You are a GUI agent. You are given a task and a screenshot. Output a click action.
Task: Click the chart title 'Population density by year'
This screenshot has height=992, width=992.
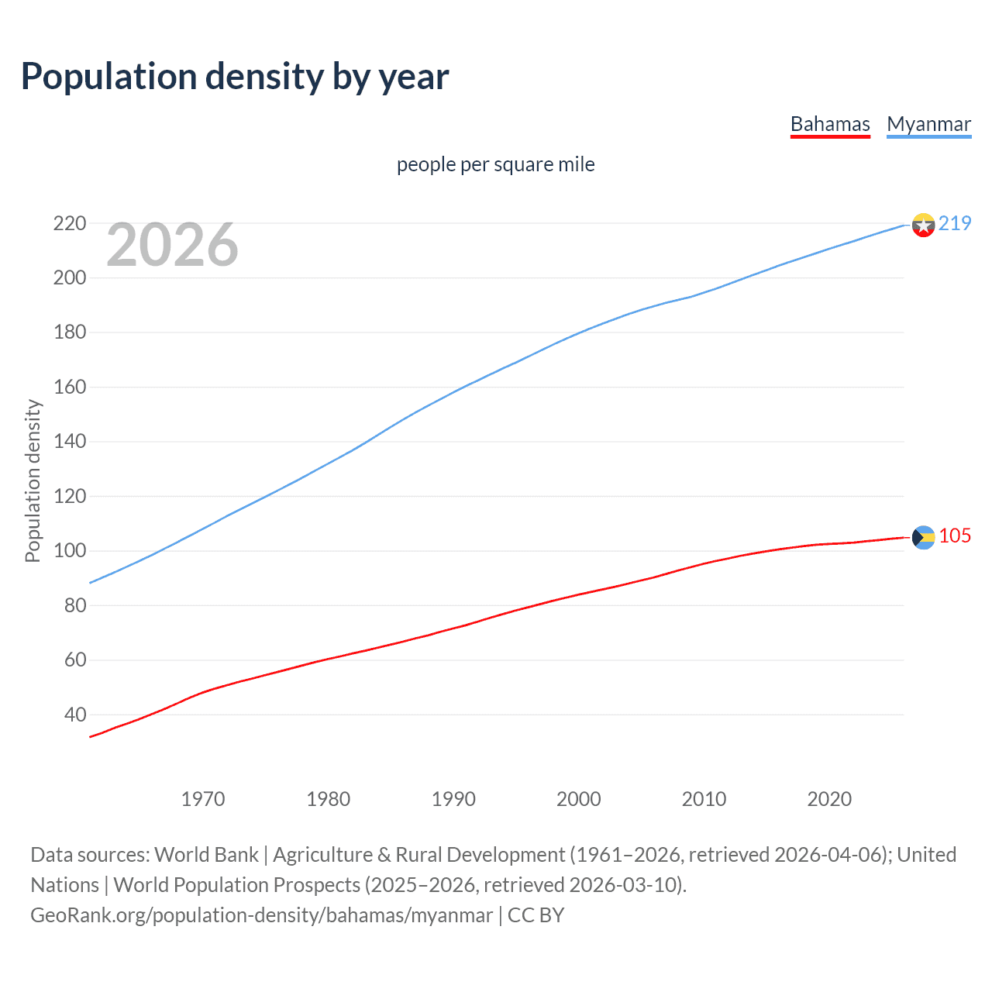tap(235, 77)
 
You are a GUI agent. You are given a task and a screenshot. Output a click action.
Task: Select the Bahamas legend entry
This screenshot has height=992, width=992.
tap(830, 124)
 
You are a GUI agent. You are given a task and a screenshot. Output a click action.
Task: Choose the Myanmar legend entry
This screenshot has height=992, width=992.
tap(928, 124)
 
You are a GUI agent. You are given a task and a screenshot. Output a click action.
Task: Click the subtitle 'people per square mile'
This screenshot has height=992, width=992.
tap(496, 164)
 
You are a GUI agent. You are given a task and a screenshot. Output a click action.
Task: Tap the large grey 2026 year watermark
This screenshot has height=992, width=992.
tap(172, 245)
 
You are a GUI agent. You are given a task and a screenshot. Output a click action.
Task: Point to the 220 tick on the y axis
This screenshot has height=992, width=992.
tap(69, 223)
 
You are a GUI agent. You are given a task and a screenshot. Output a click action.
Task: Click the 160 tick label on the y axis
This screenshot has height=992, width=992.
tap(69, 387)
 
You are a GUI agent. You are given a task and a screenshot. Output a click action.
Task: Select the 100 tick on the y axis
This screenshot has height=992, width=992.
tap(69, 551)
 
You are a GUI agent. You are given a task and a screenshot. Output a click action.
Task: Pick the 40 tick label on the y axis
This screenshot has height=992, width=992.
tap(74, 715)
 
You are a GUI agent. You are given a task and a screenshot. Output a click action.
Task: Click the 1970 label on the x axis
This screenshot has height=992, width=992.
tap(203, 799)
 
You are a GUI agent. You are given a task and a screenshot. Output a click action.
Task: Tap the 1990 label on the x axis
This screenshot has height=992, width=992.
tap(453, 799)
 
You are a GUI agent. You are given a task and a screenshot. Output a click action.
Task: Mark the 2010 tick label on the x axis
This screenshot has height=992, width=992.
tap(704, 799)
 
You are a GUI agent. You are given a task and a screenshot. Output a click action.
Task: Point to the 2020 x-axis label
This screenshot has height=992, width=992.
tap(829, 799)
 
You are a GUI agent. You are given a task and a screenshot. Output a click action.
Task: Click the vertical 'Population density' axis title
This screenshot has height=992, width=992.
tap(33, 480)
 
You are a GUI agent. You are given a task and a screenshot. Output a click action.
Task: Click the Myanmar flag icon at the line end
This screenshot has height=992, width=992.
tap(923, 225)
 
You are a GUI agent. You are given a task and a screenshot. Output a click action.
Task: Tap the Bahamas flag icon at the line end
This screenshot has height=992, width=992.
tap(923, 537)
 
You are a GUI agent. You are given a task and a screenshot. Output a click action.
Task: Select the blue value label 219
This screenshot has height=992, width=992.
tap(955, 223)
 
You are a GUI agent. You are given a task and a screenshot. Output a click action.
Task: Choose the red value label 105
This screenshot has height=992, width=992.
tap(955, 536)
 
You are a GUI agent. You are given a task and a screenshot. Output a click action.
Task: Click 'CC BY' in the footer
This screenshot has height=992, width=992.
tap(536, 914)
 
